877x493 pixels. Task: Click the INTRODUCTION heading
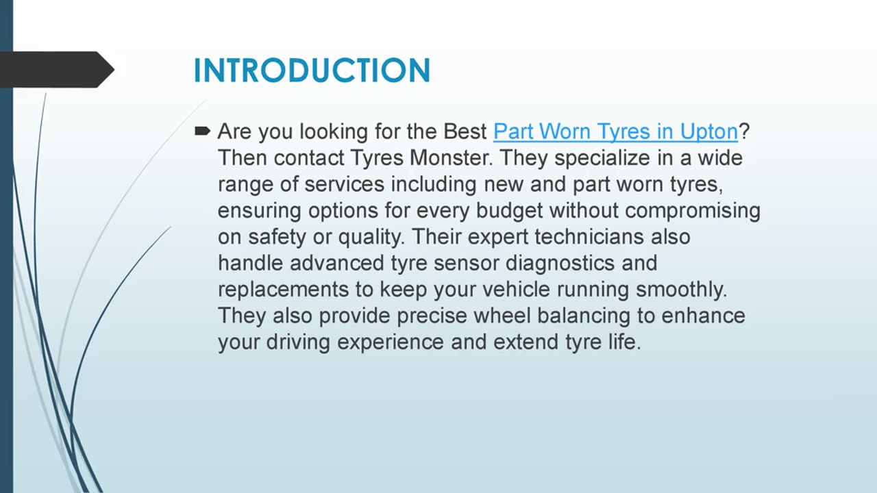tap(312, 71)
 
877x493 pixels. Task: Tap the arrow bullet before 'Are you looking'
tap(203, 130)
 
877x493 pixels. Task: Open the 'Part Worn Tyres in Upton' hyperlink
tap(615, 131)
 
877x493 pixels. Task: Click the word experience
tap(391, 342)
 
